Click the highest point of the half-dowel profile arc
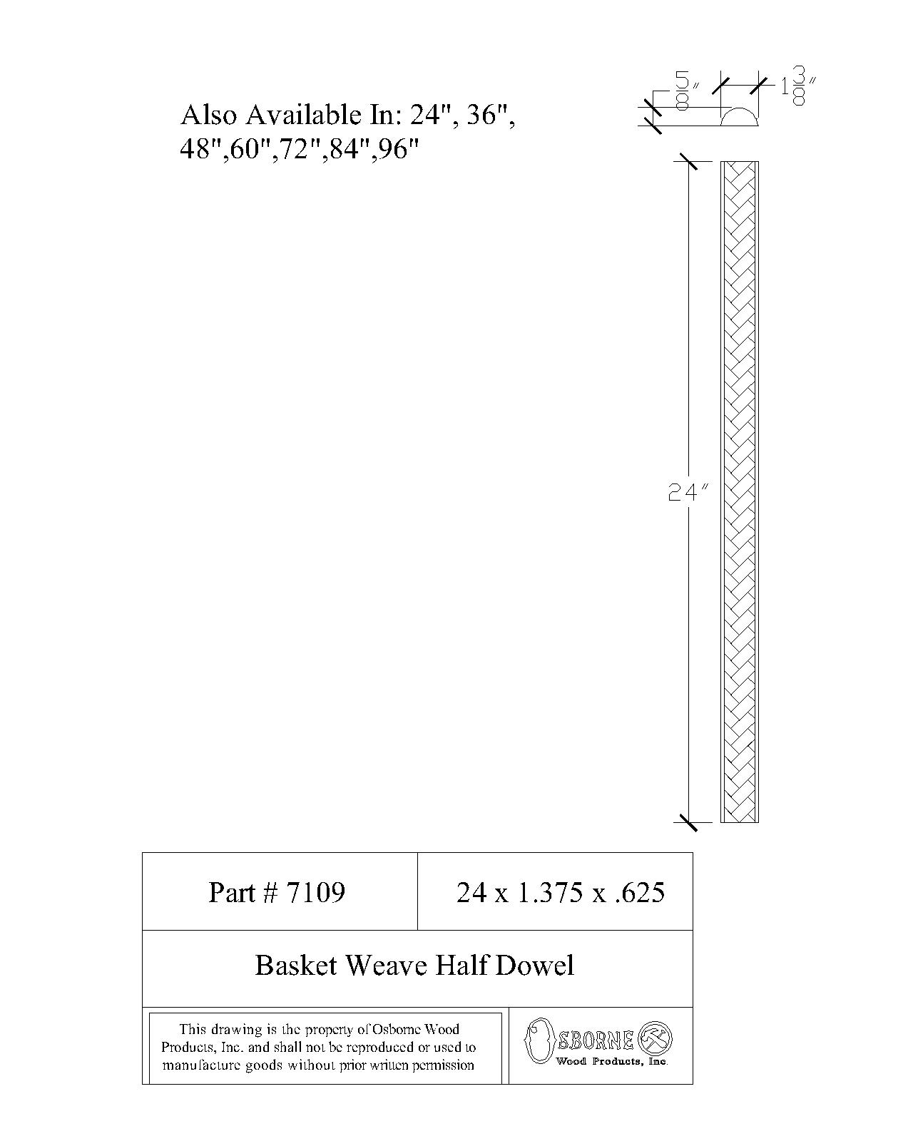pyautogui.click(x=739, y=108)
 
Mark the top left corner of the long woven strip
pyautogui.click(x=721, y=162)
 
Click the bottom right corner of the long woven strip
pyautogui.click(x=759, y=822)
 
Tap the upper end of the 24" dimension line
pyautogui.click(x=688, y=161)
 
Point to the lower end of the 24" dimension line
pyautogui.click(x=688, y=822)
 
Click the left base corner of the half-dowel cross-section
pyautogui.click(x=721, y=126)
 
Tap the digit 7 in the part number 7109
pyautogui.click(x=294, y=892)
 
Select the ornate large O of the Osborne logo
pyautogui.click(x=538, y=1040)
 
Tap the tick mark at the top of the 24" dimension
pyautogui.click(x=688, y=161)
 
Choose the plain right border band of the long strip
pyautogui.click(x=757, y=492)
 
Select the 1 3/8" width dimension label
pyautogui.click(x=798, y=86)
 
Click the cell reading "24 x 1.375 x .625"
pyautogui.click(x=560, y=892)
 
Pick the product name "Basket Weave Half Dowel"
pyautogui.click(x=414, y=965)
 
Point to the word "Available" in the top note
pyautogui.click(x=303, y=115)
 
